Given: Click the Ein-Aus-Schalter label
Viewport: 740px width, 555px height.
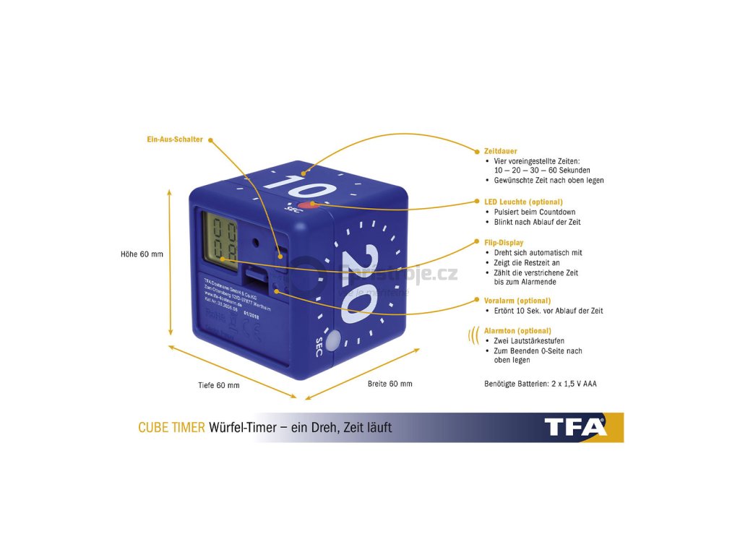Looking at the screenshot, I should [x=175, y=139].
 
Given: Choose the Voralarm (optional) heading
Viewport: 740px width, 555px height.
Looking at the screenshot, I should [x=517, y=300].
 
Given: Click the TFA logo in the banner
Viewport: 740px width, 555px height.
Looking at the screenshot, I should [x=576, y=427].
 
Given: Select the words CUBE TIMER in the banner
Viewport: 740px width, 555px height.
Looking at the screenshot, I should [x=171, y=428].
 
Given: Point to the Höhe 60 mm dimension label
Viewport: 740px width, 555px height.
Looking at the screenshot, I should [x=142, y=254].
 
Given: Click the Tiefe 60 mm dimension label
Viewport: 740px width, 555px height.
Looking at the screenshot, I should [x=219, y=385].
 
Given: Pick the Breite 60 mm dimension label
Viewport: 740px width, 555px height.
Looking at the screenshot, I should [x=390, y=384].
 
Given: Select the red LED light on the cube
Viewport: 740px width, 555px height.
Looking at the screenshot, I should [x=311, y=205].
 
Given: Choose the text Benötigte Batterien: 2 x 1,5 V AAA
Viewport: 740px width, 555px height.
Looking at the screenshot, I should [x=540, y=384].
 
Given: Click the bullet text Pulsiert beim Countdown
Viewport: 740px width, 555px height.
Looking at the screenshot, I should [x=535, y=212].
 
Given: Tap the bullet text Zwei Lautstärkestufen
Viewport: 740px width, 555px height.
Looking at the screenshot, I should [x=528, y=340].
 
